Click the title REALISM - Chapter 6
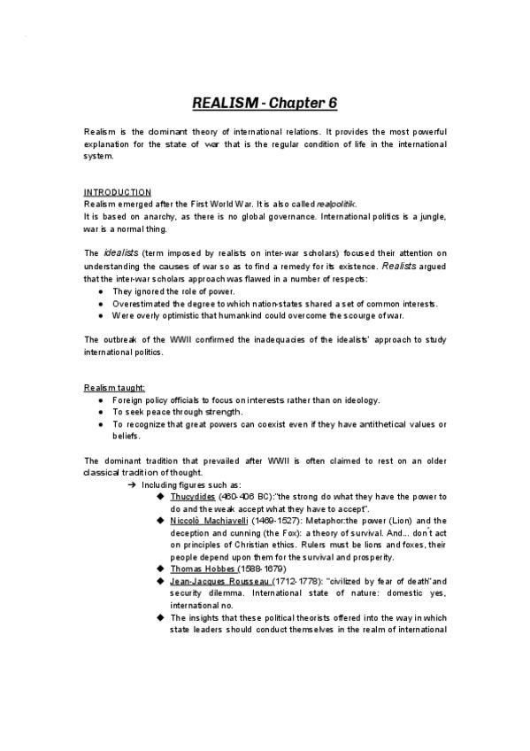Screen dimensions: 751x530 click(x=265, y=102)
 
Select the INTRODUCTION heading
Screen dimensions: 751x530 click(x=118, y=192)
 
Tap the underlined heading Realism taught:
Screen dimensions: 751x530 click(x=115, y=388)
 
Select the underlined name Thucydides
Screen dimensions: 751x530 click(x=193, y=498)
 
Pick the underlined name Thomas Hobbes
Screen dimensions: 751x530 click(x=204, y=569)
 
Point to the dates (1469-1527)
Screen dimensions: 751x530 click(x=282, y=522)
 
